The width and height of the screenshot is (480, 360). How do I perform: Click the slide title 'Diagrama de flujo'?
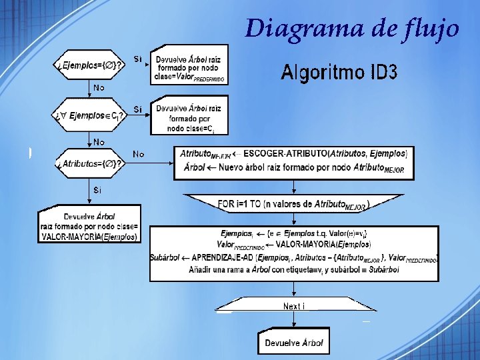click(x=351, y=28)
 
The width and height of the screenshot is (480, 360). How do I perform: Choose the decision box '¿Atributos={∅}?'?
click(x=89, y=164)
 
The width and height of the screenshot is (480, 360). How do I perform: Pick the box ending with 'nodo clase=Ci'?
click(x=189, y=117)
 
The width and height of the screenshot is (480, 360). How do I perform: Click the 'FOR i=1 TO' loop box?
click(x=293, y=204)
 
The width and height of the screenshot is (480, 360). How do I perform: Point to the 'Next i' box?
click(x=293, y=306)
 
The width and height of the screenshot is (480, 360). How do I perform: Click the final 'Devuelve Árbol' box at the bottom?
click(x=293, y=343)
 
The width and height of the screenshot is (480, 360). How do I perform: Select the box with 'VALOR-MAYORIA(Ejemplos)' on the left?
click(x=89, y=227)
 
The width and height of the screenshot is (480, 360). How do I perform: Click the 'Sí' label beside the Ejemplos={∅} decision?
click(x=137, y=59)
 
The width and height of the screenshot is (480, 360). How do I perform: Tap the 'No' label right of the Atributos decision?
click(x=139, y=154)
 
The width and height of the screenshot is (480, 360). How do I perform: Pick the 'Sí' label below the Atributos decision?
click(x=98, y=190)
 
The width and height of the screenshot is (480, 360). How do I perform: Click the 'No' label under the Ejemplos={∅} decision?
click(x=99, y=87)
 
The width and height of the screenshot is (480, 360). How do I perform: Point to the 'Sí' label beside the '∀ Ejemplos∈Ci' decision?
click(x=137, y=109)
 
